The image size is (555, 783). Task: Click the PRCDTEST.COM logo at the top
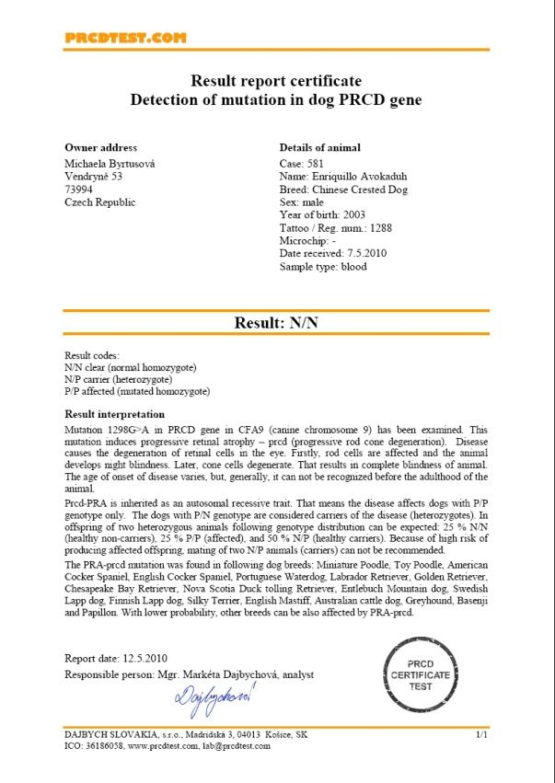[x=125, y=38]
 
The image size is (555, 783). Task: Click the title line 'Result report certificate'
[x=275, y=81]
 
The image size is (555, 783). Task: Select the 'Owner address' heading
[x=100, y=147]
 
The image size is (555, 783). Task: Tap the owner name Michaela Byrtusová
[x=110, y=163]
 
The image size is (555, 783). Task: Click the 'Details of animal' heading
[x=319, y=147]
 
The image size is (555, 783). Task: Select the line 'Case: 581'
[x=301, y=163]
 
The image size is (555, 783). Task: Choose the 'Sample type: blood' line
[x=323, y=267]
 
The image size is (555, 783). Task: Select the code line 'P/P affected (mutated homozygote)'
[x=137, y=391]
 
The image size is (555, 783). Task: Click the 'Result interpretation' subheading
[x=114, y=415]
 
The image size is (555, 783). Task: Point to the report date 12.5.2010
[x=144, y=659]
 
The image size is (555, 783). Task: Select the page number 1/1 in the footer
[x=480, y=735]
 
